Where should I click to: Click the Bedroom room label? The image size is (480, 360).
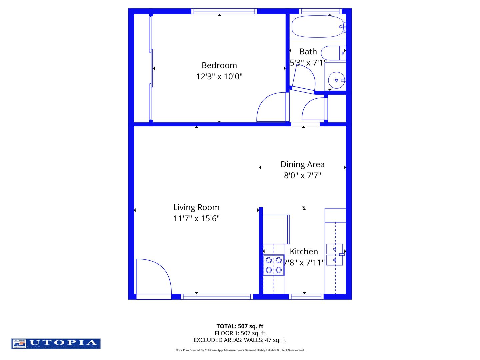click(x=219, y=65)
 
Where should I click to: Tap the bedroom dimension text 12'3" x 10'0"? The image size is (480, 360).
click(x=219, y=76)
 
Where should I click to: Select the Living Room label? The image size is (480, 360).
click(x=196, y=207)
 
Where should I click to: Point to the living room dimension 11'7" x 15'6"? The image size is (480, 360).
click(x=196, y=218)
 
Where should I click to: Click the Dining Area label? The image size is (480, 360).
click(x=302, y=164)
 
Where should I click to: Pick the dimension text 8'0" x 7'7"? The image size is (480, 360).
click(x=302, y=175)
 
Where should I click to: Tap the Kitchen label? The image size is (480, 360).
click(x=304, y=251)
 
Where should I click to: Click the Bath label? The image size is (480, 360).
click(x=308, y=52)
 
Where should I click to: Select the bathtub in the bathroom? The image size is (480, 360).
click(x=318, y=26)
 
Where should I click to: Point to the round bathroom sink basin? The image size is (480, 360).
click(x=336, y=80)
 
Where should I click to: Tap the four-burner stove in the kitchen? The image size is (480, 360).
click(x=274, y=265)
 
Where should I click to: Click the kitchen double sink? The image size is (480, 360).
click(x=335, y=255)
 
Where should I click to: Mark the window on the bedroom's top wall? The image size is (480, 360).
click(x=224, y=11)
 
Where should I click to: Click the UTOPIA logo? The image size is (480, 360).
click(x=56, y=343)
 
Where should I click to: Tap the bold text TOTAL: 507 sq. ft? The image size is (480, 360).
click(x=240, y=326)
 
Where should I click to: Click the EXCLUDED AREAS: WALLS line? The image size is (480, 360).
click(x=240, y=340)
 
